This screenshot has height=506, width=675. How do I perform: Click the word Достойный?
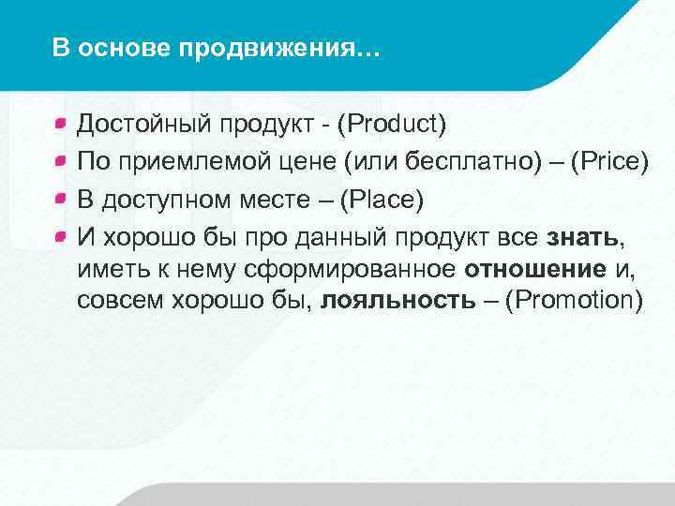click(145, 124)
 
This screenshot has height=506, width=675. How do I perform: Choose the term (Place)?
click(383, 201)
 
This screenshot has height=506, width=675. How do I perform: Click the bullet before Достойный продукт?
click(60, 122)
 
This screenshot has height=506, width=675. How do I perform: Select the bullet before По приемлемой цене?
click(60, 160)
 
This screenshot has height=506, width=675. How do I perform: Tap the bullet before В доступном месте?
click(60, 199)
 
